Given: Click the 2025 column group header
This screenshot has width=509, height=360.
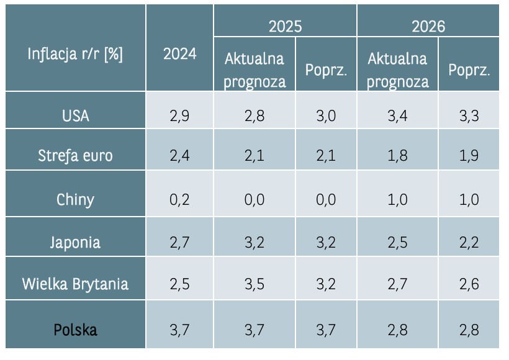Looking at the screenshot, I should tap(285, 27).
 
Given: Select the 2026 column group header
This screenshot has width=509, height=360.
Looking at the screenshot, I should tap(428, 27).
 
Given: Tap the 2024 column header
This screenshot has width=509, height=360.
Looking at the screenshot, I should tap(179, 54).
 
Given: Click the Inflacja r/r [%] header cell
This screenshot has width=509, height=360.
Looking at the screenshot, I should tap(75, 54).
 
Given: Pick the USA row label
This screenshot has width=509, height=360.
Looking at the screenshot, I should tap(75, 116).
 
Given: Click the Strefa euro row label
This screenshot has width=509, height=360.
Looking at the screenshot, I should tap(75, 155).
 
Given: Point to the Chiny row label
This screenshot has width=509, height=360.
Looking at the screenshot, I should tap(75, 199).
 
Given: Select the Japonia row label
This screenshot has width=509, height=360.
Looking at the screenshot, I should tap(75, 241).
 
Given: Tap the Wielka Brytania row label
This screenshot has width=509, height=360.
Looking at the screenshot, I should tap(75, 284).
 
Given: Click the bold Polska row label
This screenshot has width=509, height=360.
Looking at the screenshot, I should tap(75, 329).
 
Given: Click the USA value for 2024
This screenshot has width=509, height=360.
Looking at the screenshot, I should tap(179, 116).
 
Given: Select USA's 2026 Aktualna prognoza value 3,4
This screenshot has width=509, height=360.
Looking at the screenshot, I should tap(397, 116).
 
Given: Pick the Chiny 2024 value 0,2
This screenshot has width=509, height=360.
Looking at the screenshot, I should tap(179, 199).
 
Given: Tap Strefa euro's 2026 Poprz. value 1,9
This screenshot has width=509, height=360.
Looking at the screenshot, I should tap(469, 155).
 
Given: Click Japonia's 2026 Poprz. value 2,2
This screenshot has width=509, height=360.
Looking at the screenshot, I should tap(469, 241).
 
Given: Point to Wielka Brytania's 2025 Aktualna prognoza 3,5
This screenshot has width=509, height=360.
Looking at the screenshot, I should tap(254, 284).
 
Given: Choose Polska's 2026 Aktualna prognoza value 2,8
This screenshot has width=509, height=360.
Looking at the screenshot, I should tap(397, 329).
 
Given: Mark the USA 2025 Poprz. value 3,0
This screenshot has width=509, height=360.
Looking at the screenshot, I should tap(326, 116).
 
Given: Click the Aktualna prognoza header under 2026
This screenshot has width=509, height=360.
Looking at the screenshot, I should tap(397, 70).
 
